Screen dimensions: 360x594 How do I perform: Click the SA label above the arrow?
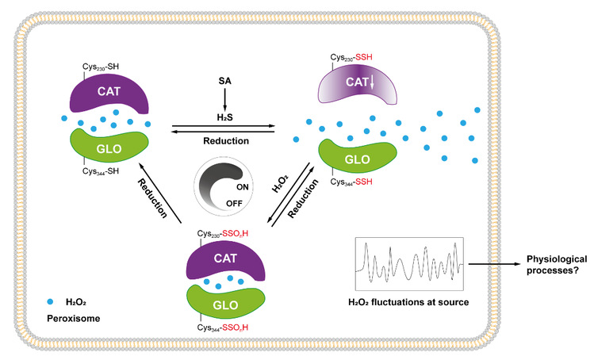[x=224, y=82]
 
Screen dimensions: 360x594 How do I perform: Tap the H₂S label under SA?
[x=224, y=118]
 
